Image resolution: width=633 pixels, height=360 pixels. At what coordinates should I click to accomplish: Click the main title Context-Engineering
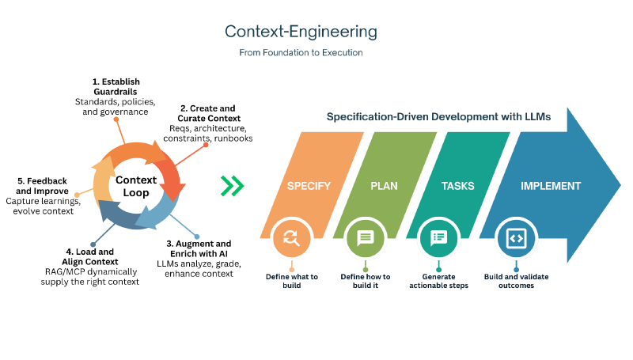pos(301,32)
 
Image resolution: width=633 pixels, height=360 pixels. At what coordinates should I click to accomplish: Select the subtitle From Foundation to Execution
pos(301,53)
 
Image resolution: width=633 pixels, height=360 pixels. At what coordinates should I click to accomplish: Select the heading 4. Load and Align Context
pos(91,256)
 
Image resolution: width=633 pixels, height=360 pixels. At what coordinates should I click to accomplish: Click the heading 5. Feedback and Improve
pos(44,186)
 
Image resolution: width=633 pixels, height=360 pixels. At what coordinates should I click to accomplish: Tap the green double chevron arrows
pos(232,186)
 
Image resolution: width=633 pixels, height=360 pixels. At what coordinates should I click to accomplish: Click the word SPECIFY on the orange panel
pos(307,187)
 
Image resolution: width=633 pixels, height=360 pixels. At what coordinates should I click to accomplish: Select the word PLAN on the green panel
pos(384,187)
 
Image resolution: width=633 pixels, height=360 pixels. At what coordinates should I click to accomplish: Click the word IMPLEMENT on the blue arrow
pos(551,187)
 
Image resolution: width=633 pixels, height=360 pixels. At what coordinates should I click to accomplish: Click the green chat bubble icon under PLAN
pos(365,238)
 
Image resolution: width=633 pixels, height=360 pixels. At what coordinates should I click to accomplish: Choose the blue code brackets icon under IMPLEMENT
pos(516,238)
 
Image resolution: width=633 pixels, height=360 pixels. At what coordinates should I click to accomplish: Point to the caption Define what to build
pos(291,281)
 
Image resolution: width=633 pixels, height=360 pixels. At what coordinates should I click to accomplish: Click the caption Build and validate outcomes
pos(516,281)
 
